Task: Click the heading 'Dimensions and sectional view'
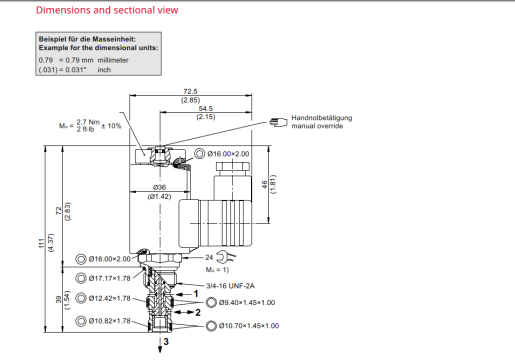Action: pos(93,11)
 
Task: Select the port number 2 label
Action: pos(199,312)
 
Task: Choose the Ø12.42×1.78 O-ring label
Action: pos(110,298)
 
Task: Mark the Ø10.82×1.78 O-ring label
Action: pos(110,320)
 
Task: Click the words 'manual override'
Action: pos(318,127)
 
